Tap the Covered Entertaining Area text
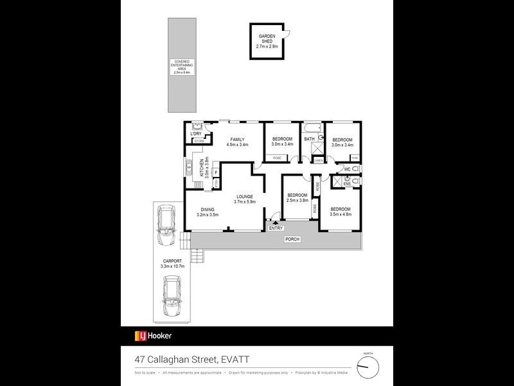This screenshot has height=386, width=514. [180, 66]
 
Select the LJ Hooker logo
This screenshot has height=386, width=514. [152, 336]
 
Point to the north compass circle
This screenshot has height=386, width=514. [368, 367]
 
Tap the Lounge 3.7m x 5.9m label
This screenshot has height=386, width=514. [244, 199]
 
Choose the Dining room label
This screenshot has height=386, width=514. [207, 212]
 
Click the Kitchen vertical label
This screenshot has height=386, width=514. [204, 168]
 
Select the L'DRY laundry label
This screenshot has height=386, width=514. [196, 133]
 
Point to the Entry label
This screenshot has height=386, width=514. [276, 228]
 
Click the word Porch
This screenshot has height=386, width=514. [293, 239]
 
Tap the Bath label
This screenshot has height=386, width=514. [310, 140]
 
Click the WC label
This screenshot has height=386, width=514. [347, 169]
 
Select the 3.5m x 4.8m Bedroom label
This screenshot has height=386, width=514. [340, 212]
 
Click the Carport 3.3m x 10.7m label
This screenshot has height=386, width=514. [172, 264]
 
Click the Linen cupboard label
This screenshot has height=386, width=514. [318, 160]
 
